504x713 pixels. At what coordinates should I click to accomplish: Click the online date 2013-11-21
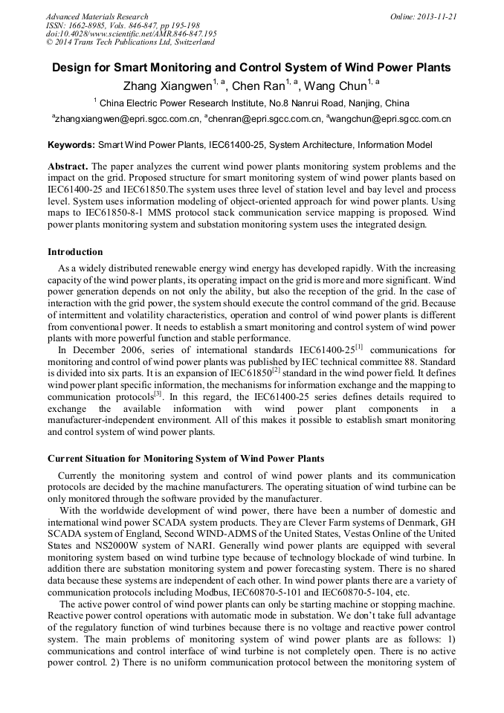pos(435,16)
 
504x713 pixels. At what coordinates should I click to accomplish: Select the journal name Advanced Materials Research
pos(97,16)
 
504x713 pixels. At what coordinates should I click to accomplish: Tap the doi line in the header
pos(131,34)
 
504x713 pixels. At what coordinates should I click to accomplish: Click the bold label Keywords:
pos(71,145)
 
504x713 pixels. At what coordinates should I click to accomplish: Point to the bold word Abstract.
pos(68,167)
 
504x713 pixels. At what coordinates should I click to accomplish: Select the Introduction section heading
pos(75,252)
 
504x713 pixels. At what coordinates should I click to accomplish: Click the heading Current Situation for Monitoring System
pos(185,458)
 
